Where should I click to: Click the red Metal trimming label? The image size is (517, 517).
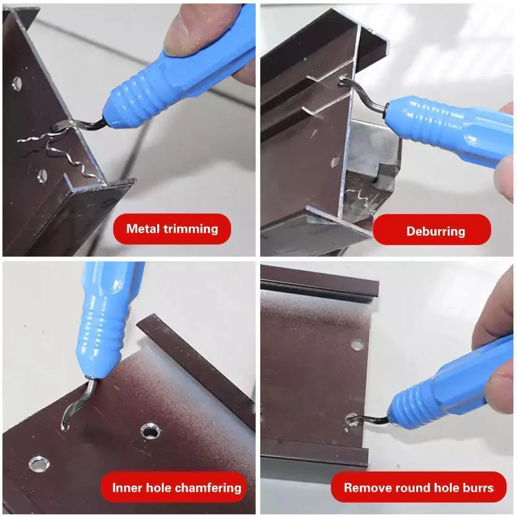pyautogui.click(x=172, y=229)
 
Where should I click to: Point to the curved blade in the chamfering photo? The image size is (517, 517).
pyautogui.click(x=75, y=406)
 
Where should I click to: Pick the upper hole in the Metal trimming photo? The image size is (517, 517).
pyautogui.click(x=17, y=83)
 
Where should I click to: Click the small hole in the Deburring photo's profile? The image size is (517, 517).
pyautogui.click(x=335, y=161)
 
